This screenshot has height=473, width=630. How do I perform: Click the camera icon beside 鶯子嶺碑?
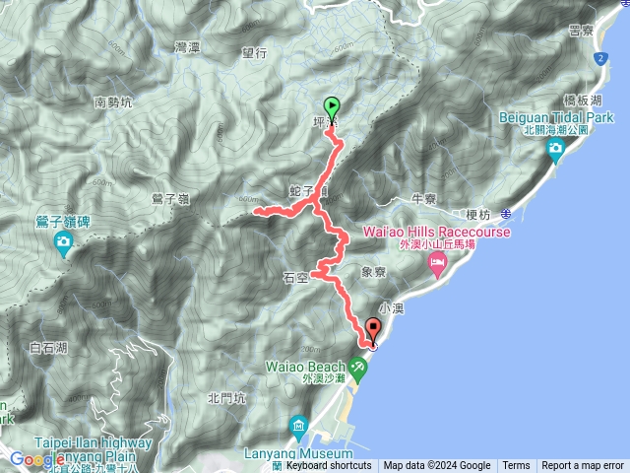pyautogui.click(x=65, y=241)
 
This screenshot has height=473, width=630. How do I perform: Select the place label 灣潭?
pyautogui.click(x=187, y=46)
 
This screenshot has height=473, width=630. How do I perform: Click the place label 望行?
pyautogui.click(x=254, y=54)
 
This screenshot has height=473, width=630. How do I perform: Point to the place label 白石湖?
pyautogui.click(x=48, y=347)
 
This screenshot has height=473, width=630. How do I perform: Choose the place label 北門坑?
pyautogui.click(x=225, y=398)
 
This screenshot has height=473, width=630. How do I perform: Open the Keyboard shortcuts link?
pyautogui.click(x=329, y=466)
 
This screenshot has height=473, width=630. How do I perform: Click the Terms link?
pyautogui.click(x=516, y=466)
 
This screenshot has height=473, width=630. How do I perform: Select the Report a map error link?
pyautogui.click(x=583, y=466)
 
